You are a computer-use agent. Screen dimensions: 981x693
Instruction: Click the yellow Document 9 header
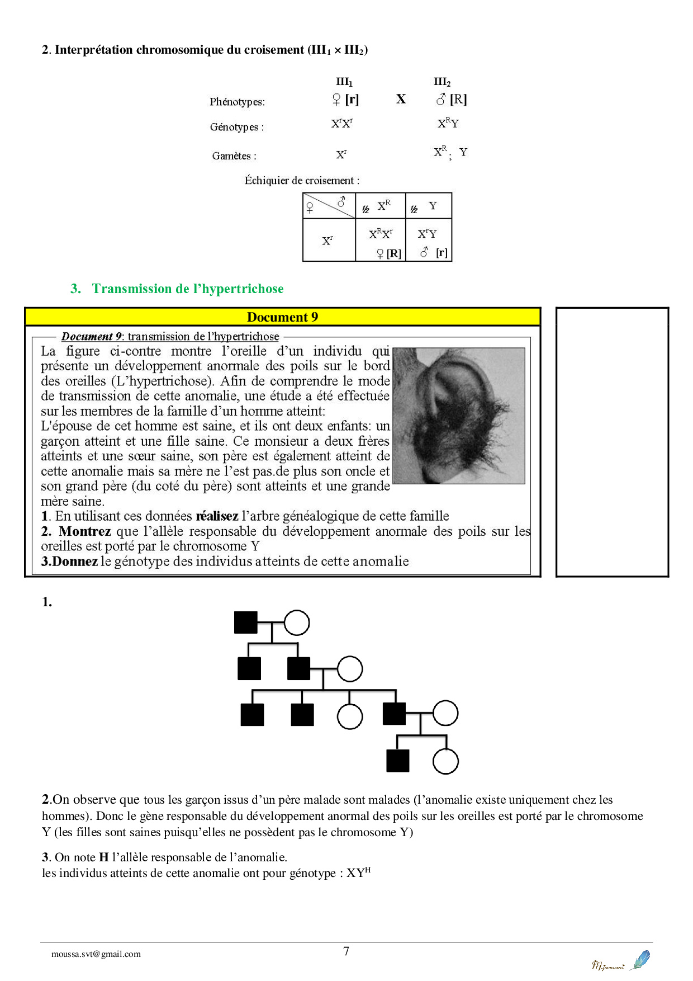[x=282, y=317]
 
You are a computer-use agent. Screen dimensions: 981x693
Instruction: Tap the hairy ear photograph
[x=459, y=416]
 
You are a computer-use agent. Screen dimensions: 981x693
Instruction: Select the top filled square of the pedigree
[x=246, y=622]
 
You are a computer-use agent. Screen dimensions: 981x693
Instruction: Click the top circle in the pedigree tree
[x=297, y=622]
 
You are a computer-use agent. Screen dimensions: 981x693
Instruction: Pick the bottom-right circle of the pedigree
[x=445, y=761]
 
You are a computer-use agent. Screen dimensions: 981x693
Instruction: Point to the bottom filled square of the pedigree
[x=398, y=761]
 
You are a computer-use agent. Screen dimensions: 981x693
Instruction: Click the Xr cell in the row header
[x=328, y=240]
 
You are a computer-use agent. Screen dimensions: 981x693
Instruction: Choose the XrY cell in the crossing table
[x=428, y=240]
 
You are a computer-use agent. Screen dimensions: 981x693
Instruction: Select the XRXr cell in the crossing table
[x=381, y=240]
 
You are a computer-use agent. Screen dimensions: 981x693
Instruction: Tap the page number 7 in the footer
[x=346, y=951]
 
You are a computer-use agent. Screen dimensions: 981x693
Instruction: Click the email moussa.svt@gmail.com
[x=96, y=954]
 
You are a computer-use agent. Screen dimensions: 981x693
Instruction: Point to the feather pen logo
[x=640, y=960]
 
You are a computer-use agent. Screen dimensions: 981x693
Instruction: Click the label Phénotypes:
[x=238, y=102]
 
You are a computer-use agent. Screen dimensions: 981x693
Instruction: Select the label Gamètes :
[x=234, y=156]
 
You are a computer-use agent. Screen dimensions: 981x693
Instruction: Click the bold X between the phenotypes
[x=401, y=99]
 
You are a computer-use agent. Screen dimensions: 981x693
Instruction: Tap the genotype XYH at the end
[x=358, y=873]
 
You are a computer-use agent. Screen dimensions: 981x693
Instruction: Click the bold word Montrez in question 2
[x=85, y=531]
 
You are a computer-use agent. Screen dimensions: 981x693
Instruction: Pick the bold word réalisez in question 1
[x=217, y=516]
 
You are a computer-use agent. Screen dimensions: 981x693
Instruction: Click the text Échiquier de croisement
[x=302, y=181]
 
